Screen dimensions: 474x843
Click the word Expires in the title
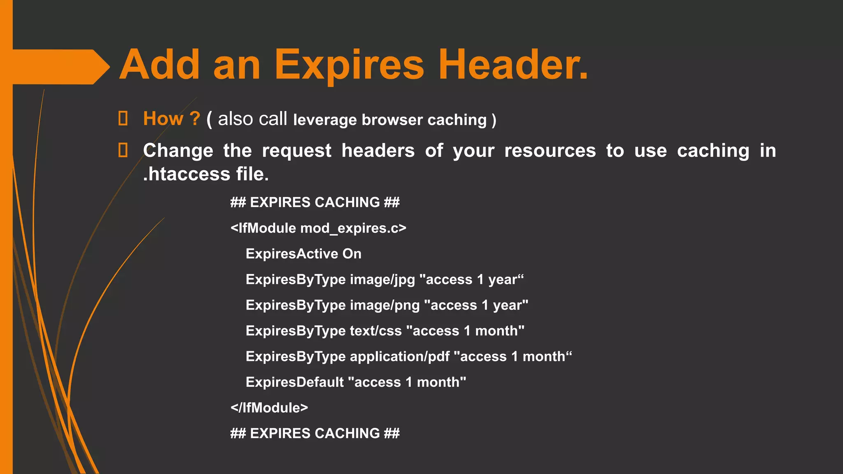pos(349,65)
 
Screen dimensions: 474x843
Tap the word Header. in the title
pos(513,65)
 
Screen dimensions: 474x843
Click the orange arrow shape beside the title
pos(58,67)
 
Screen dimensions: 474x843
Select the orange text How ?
pos(171,119)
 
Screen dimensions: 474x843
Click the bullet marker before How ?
pos(123,118)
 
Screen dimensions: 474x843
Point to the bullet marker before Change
pos(123,150)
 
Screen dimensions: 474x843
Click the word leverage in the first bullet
pos(325,120)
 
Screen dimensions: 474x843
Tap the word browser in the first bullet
pos(392,120)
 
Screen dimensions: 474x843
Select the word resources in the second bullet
pos(550,151)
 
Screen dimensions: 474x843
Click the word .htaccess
pos(186,174)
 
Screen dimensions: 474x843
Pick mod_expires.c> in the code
pos(353,228)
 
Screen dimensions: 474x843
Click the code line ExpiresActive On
pos(303,254)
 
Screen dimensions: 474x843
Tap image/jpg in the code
pos(382,280)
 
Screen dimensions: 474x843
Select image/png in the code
pos(384,305)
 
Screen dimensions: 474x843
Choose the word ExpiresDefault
pos(295,382)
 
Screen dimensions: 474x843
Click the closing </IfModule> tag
pos(269,408)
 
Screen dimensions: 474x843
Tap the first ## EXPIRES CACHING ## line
pos(315,202)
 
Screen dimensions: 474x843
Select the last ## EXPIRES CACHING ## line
pos(315,433)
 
